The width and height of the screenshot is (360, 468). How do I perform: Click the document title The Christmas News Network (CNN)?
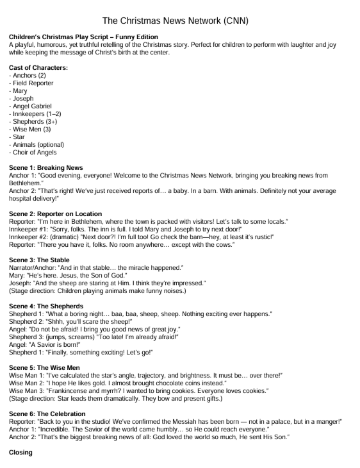(179, 22)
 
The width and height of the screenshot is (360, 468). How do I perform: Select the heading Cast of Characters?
(38, 67)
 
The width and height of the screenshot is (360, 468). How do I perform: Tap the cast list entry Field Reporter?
(31, 83)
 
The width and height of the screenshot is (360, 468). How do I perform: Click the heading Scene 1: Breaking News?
(46, 167)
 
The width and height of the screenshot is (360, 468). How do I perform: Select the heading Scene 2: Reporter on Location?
(56, 213)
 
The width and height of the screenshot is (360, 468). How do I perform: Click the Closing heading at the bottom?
(20, 452)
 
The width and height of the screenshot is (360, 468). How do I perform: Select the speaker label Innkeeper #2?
(28, 237)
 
